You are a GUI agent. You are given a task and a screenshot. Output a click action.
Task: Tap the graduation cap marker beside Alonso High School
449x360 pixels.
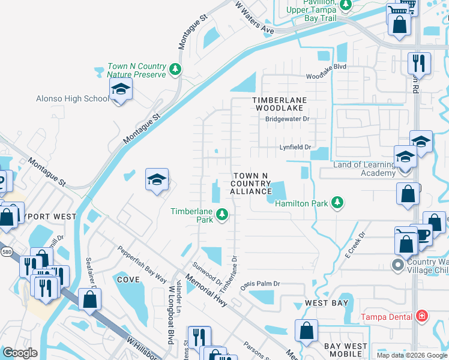120,91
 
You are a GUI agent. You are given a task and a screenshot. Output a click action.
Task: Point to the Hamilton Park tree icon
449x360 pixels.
338,203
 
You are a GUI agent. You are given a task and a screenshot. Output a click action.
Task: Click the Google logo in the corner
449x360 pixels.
20,353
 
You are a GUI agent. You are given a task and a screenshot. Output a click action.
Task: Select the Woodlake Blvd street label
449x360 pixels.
327,76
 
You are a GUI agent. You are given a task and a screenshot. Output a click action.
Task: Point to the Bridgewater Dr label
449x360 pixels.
287,119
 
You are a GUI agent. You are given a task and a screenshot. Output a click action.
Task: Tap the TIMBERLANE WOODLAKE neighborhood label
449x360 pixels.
279,104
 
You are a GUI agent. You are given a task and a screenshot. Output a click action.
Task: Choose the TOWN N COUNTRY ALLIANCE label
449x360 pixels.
251,182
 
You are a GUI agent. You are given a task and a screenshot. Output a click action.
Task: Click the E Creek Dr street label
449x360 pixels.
355,245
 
